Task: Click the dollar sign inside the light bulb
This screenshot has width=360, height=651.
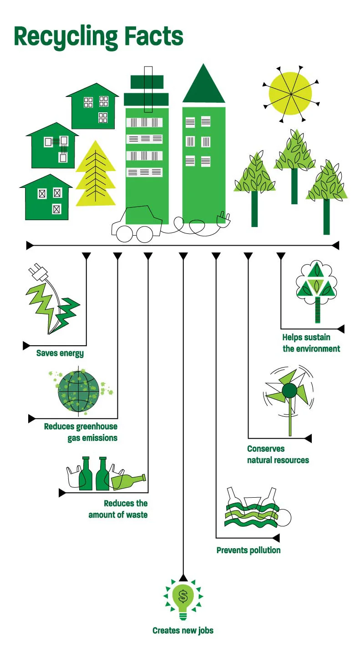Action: click(183, 595)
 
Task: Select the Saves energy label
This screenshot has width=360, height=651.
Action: click(60, 353)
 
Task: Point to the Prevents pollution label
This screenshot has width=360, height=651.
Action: click(248, 550)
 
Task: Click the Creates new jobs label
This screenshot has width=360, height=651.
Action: click(183, 631)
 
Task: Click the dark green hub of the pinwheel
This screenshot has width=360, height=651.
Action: click(289, 390)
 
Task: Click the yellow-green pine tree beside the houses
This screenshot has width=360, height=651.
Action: click(96, 175)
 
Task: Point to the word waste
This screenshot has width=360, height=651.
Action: click(136, 515)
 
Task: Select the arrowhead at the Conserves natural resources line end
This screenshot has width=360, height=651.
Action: click(308, 439)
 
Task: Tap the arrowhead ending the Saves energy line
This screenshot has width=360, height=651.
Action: click(26, 346)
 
